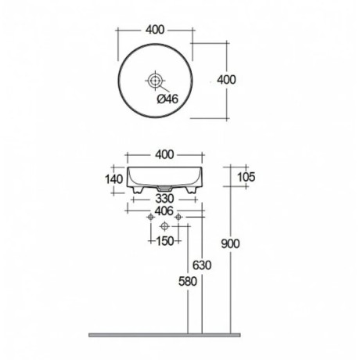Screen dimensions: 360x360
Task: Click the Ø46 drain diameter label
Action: coord(167,99)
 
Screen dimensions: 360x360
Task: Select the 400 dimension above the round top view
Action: coord(156,30)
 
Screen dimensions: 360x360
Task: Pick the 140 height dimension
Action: coord(114,179)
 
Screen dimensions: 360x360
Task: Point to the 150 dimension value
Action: coord(165,240)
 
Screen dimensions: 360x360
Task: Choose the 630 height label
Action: coord(203,265)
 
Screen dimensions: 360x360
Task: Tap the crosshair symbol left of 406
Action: coord(149,216)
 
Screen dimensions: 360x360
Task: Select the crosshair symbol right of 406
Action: coord(179,216)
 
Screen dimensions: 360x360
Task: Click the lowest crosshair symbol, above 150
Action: coord(164,227)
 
